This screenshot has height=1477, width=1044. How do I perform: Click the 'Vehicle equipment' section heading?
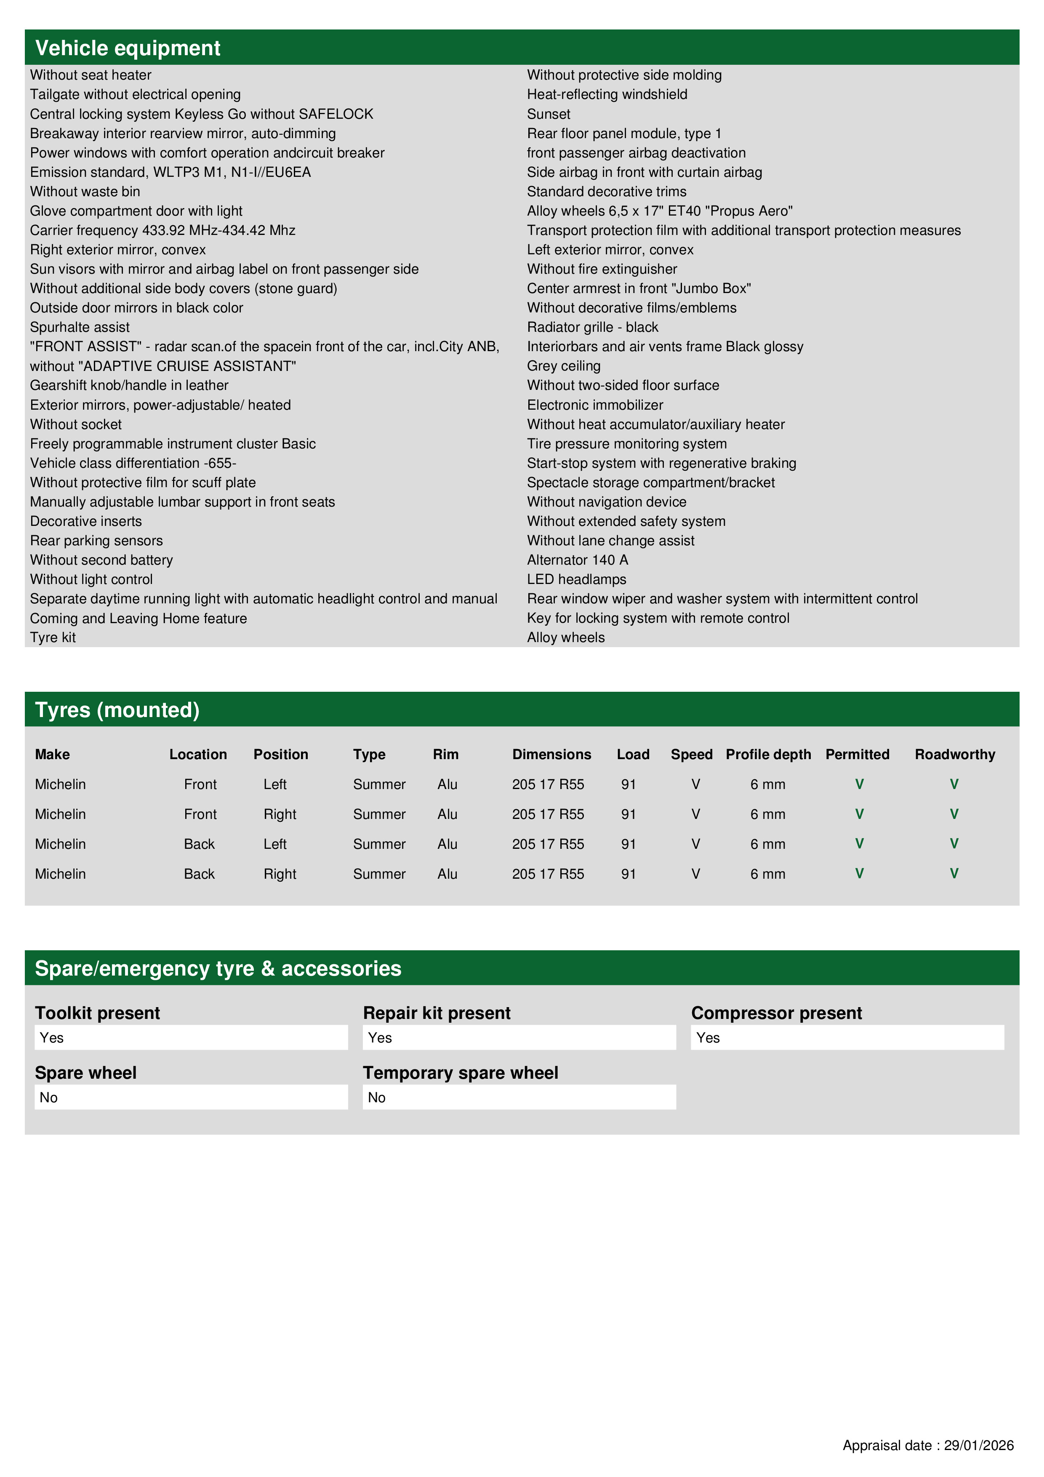tap(128, 48)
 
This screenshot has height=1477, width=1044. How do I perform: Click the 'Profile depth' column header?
tap(768, 754)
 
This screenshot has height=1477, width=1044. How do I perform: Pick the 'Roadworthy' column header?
tap(955, 754)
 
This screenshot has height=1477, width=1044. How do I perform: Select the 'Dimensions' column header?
tap(551, 754)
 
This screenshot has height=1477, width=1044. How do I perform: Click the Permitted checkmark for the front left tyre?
tap(859, 784)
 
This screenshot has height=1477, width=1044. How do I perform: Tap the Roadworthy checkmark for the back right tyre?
tap(954, 874)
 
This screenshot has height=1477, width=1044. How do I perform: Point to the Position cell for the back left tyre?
tap(274, 844)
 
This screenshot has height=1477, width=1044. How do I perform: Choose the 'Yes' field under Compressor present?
tap(847, 1037)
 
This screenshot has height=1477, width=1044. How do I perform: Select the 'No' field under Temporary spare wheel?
tap(519, 1098)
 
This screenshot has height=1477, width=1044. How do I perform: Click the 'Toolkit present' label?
tap(97, 1013)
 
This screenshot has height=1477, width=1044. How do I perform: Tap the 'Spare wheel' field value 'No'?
tap(190, 1098)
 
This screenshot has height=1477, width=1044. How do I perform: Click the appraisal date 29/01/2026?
tap(978, 1445)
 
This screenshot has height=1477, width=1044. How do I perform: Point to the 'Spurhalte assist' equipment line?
tap(80, 328)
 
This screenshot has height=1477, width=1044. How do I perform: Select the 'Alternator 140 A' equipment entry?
tap(577, 560)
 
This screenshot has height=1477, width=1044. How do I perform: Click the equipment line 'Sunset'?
tap(548, 115)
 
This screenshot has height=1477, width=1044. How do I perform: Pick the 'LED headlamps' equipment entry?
tap(576, 580)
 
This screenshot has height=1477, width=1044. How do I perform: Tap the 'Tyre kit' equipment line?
tap(53, 637)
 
